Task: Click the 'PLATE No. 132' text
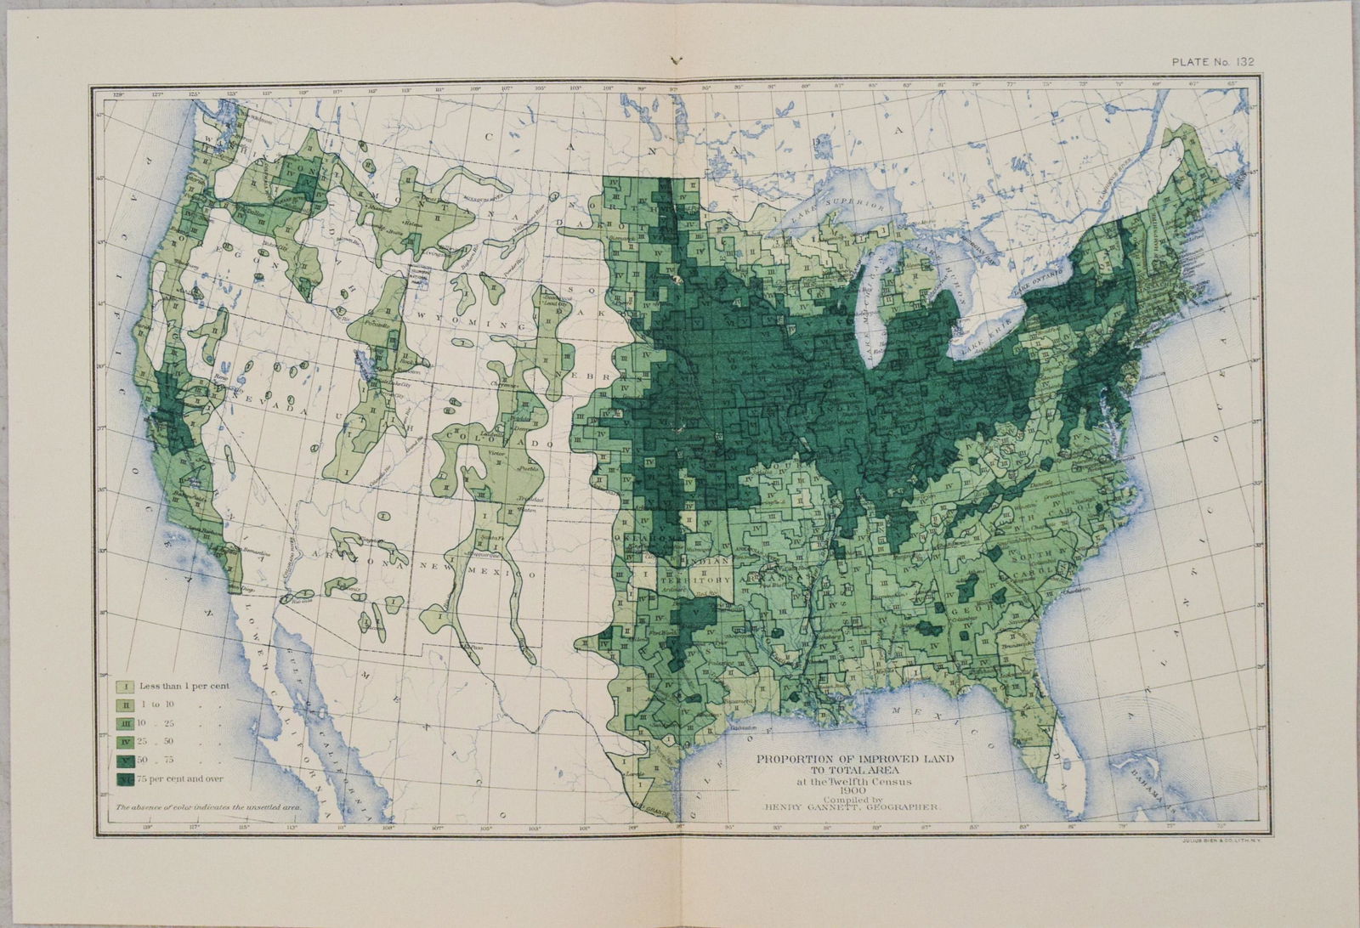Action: tap(1214, 61)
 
